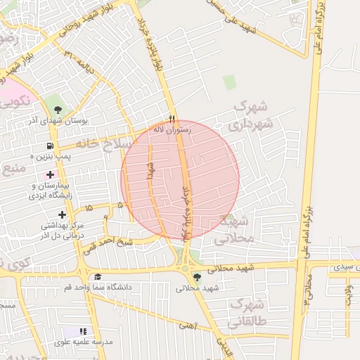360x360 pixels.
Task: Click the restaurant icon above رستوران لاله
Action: (171, 118)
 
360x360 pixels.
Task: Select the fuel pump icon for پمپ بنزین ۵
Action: (48, 146)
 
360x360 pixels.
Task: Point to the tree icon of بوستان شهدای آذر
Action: (58, 109)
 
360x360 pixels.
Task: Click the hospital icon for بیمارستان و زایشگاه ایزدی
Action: (50, 174)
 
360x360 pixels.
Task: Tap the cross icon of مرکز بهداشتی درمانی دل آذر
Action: (63, 214)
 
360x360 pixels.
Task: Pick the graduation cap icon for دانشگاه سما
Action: (98, 277)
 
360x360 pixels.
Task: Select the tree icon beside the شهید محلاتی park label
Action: (196, 277)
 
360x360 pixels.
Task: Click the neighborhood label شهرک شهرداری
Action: (249, 117)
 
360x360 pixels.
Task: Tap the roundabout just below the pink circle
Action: (186, 266)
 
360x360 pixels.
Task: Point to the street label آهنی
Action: (188, 325)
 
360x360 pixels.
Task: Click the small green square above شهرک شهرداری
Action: (229, 82)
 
